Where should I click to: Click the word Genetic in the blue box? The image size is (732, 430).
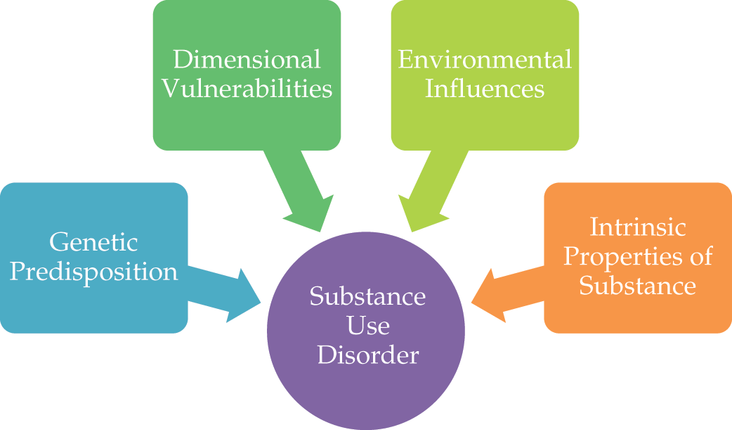[94, 243]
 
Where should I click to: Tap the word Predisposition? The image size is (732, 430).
[94, 272]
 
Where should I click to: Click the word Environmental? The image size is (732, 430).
[485, 59]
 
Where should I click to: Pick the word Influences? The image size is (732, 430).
[485, 89]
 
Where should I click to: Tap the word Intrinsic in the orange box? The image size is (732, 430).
[637, 227]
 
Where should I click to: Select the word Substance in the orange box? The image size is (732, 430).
[638, 286]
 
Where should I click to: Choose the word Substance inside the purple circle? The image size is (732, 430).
[367, 296]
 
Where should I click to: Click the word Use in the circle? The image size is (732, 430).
[367, 326]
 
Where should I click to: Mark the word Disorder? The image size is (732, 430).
[367, 355]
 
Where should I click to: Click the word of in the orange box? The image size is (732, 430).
[700, 256]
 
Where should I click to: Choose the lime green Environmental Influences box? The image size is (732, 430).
[485, 120]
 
